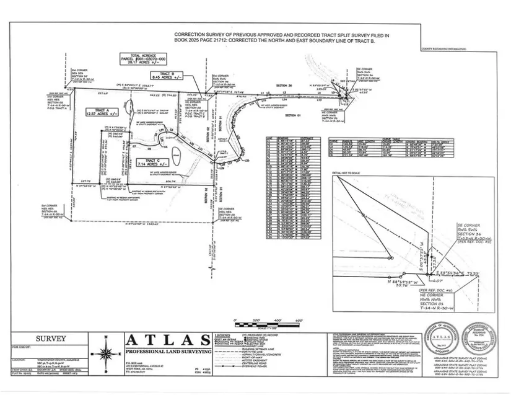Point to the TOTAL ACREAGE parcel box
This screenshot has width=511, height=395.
[x=146, y=59]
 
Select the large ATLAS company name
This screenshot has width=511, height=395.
[x=167, y=340]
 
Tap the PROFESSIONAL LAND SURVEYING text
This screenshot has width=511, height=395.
[x=167, y=352]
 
